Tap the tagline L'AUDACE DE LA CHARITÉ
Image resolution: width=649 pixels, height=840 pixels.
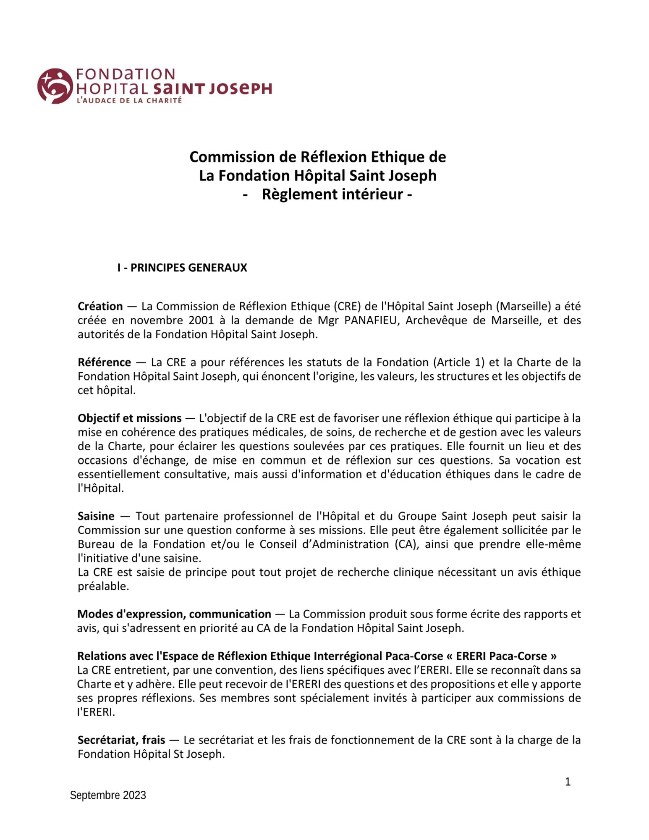tap(129, 101)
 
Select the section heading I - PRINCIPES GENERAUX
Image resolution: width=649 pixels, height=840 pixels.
tap(182, 268)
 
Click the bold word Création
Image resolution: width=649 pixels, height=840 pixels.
tap(100, 306)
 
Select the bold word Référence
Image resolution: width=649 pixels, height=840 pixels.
tap(104, 362)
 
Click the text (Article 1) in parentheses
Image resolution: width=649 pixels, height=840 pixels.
tap(458, 362)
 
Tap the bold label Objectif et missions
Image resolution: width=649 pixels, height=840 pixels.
tap(129, 418)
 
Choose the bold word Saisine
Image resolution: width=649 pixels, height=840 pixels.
tap(96, 516)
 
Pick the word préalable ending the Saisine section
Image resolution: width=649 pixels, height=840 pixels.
tap(103, 586)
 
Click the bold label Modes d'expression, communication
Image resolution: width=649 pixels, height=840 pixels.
tap(174, 614)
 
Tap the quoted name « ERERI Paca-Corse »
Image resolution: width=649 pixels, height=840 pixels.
tap(506, 656)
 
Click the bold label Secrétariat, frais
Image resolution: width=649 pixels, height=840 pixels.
tap(121, 740)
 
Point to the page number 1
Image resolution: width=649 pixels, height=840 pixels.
tap(568, 782)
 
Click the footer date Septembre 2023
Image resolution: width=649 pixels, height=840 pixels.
tap(108, 795)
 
